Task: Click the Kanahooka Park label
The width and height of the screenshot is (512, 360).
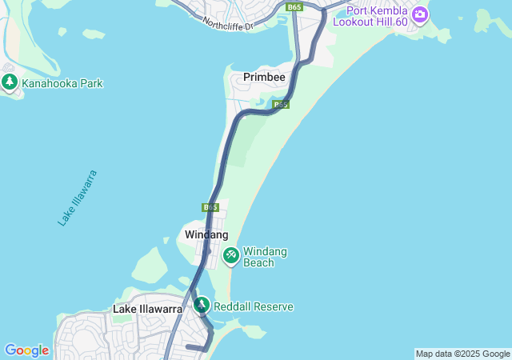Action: pos(62,83)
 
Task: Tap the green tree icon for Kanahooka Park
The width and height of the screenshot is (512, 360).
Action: pos(10,82)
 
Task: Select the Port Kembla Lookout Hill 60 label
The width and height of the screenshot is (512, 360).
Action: pos(377,16)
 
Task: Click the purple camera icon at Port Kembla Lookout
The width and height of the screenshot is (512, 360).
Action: pos(419,14)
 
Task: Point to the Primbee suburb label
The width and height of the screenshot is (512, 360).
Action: pos(265,78)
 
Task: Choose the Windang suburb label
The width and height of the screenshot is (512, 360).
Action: pos(206,234)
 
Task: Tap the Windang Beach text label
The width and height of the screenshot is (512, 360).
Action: pos(265,257)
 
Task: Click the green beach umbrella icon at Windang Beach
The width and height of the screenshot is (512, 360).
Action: pos(231,255)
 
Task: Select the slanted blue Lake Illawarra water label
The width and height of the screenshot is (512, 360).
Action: pos(78,198)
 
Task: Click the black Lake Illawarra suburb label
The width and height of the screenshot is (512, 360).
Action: pos(147,309)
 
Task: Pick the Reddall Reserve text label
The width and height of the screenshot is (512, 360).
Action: pos(254,306)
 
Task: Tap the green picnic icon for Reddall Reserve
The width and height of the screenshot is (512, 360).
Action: pos(201,305)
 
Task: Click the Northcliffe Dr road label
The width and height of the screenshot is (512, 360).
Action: pos(227,25)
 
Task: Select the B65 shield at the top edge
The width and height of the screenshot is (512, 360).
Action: pos(295,6)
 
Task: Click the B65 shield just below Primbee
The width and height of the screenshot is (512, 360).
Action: pos(280,104)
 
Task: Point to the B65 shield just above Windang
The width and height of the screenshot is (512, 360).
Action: pos(210,207)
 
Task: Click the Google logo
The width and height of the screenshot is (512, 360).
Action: pos(26,350)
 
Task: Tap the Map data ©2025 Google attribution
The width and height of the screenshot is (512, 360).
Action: pos(462,354)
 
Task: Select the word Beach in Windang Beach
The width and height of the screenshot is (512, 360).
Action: pos(258,262)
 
